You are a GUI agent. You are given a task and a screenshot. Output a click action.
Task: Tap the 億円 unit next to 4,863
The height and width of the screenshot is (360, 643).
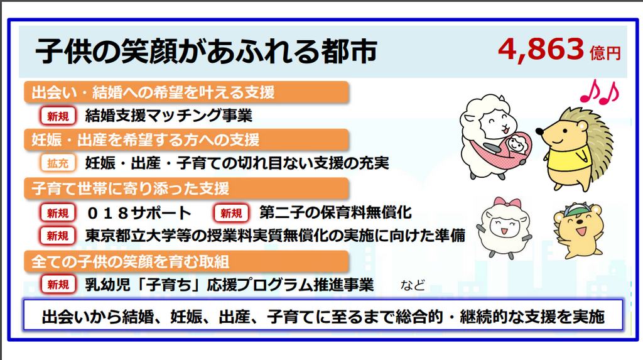605,53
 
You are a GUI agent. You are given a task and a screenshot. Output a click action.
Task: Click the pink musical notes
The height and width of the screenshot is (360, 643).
600,92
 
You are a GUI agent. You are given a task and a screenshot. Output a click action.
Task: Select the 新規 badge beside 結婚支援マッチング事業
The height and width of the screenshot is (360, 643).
58,116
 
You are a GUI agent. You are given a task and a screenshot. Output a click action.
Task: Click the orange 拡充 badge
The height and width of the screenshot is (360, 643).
58,163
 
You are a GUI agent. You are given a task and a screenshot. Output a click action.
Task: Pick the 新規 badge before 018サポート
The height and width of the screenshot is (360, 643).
58,213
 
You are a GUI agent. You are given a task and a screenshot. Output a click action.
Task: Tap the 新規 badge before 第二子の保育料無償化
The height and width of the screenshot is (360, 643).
231,213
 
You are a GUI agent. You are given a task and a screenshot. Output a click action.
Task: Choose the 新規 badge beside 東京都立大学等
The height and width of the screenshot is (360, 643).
58,236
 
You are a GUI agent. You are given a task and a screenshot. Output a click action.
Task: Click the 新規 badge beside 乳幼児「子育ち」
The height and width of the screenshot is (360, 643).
58,284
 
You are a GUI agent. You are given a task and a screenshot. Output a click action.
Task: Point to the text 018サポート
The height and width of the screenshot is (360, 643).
139,213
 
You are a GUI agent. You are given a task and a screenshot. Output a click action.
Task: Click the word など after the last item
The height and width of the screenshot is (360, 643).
413,285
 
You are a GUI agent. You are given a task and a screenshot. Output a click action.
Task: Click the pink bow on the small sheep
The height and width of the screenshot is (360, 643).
507,203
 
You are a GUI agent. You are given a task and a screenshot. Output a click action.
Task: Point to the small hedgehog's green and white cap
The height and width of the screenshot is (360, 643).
576,210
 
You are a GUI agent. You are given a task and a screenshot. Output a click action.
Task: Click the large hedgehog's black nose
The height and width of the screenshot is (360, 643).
539,131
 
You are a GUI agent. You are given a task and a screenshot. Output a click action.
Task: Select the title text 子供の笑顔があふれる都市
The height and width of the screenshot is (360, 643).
206,52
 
